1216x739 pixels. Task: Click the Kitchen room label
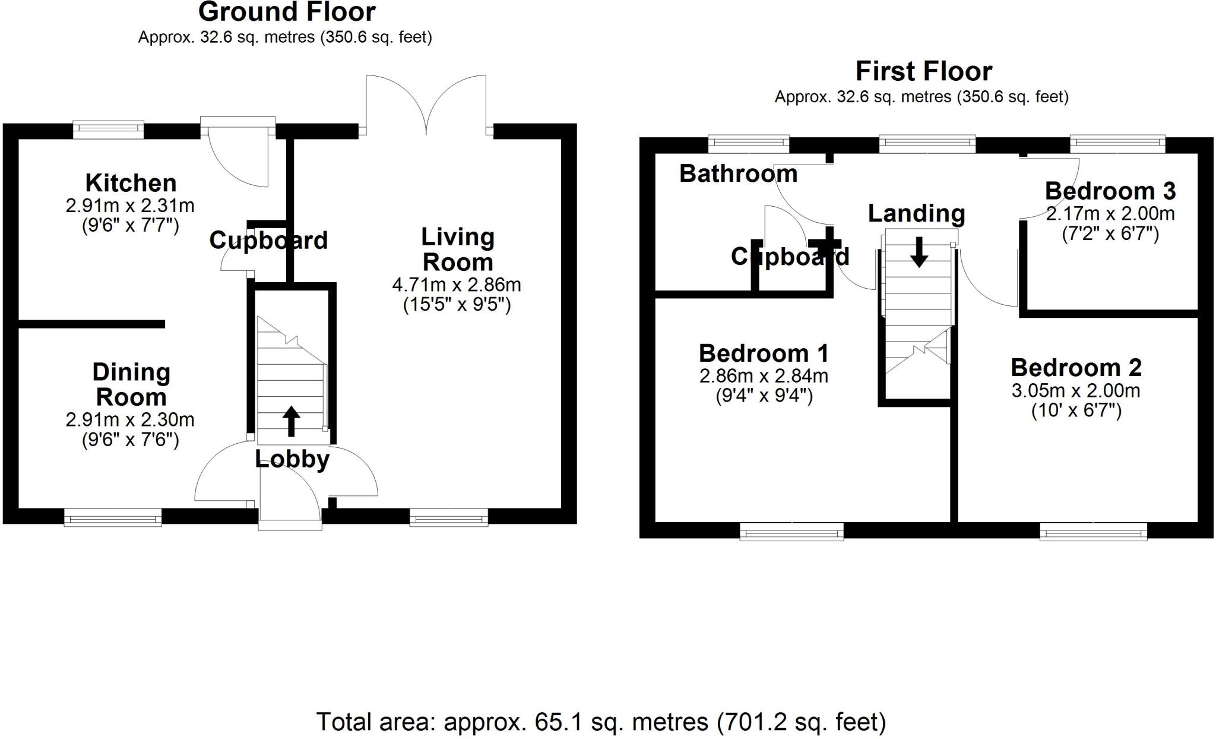tap(131, 182)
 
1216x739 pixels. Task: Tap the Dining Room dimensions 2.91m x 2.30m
tap(130, 419)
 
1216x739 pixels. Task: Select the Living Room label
tap(458, 250)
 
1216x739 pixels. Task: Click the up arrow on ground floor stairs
tap(291, 421)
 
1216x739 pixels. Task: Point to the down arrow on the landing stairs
tap(919, 252)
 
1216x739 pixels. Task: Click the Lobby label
tap(292, 459)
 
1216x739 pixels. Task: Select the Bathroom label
tap(738, 173)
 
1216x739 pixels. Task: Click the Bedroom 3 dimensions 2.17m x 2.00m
tap(1110, 213)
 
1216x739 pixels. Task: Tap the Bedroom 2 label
tap(1076, 368)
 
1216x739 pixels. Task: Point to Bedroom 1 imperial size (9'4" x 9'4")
tap(764, 396)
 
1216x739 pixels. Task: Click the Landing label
tap(916, 213)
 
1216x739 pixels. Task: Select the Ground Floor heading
tap(287, 12)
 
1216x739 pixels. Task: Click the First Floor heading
tap(923, 72)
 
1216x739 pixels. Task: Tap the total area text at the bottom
tap(601, 722)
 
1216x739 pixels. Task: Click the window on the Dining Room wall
tap(113, 517)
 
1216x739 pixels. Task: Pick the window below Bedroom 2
tap(1093, 531)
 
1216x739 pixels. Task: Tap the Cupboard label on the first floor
tap(790, 257)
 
